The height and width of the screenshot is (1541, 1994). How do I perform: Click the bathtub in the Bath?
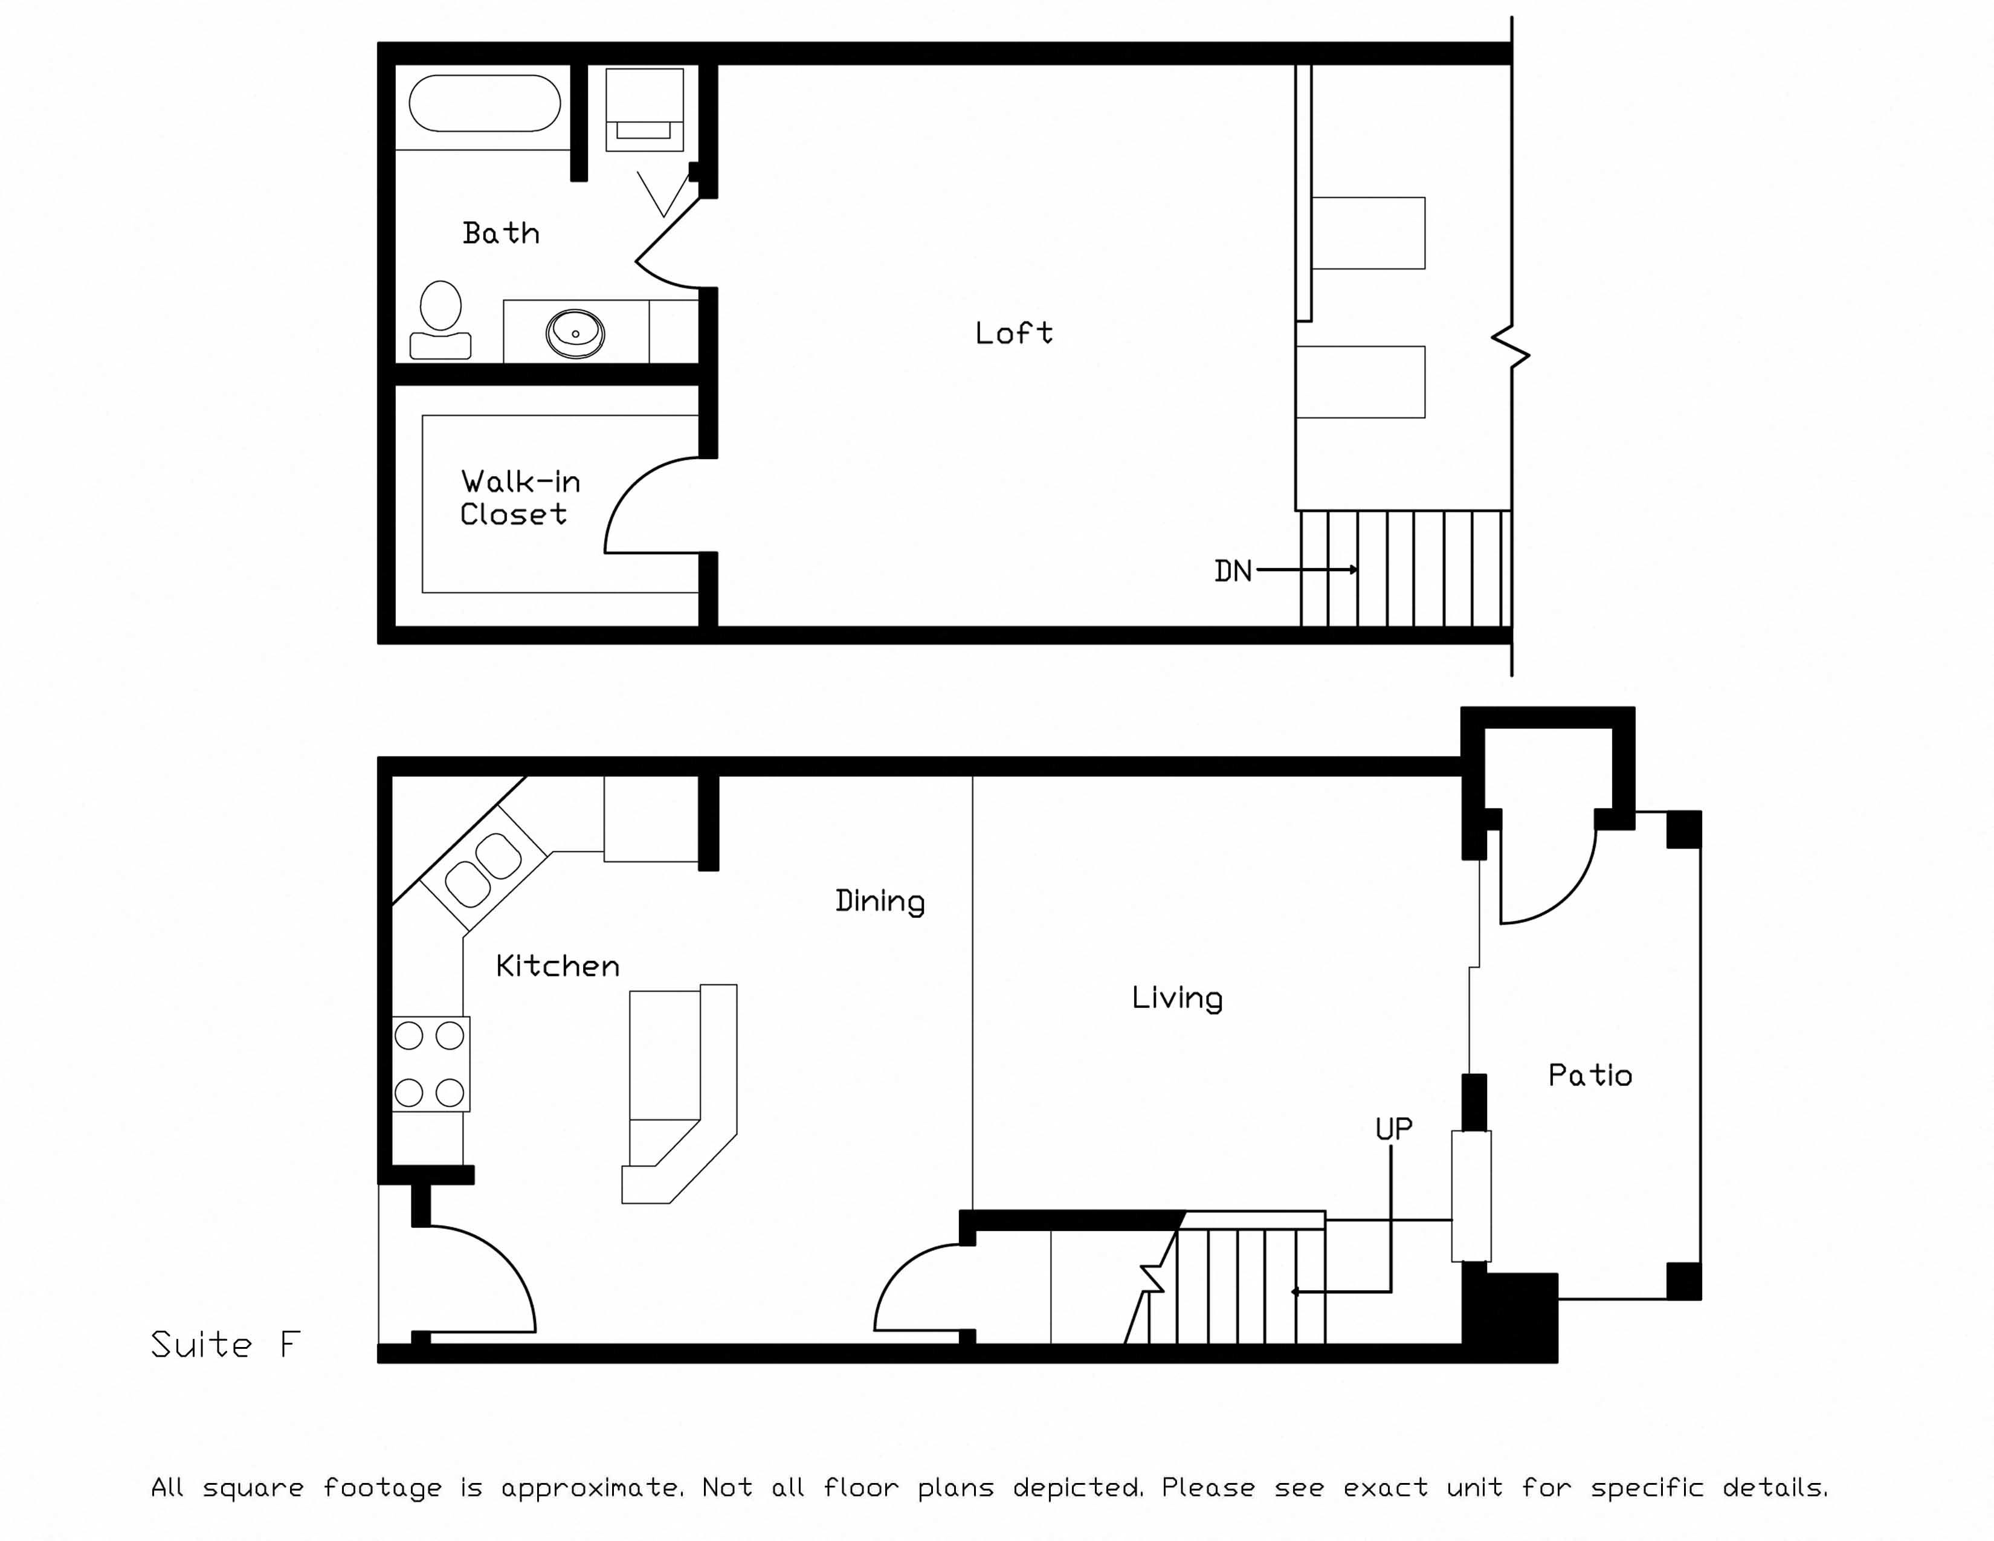click(484, 103)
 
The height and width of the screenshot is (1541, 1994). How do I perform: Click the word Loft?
click(1013, 332)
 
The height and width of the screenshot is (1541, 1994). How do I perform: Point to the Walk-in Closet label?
click(518, 497)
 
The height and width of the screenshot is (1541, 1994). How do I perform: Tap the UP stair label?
click(1393, 1129)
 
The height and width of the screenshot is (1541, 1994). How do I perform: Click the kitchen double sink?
click(484, 870)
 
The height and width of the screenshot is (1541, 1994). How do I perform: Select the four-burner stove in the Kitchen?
click(430, 1064)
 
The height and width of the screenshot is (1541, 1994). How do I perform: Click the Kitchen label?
click(557, 966)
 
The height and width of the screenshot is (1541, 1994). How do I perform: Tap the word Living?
click(1177, 997)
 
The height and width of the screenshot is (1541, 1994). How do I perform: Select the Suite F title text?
click(225, 1345)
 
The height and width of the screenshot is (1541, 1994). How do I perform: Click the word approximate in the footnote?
click(591, 1487)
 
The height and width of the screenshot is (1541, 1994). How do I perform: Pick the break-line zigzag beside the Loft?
click(1511, 347)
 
